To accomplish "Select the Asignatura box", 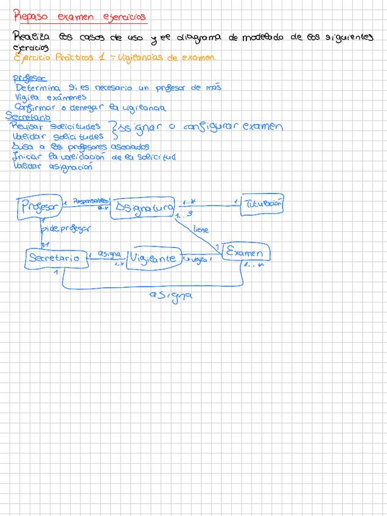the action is click(x=144, y=208).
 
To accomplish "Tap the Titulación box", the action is click(x=263, y=204).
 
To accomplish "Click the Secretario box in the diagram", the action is click(x=54, y=257).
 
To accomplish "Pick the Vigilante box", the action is click(x=154, y=258).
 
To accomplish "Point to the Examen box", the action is click(x=245, y=252).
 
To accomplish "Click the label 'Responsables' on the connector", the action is click(x=90, y=200).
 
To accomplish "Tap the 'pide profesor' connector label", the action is click(x=66, y=229).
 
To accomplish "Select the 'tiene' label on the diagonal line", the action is click(x=200, y=230).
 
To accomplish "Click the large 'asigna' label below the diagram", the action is click(x=171, y=296).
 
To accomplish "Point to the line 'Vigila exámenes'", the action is click(x=51, y=97).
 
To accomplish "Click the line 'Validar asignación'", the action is click(x=52, y=166).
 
